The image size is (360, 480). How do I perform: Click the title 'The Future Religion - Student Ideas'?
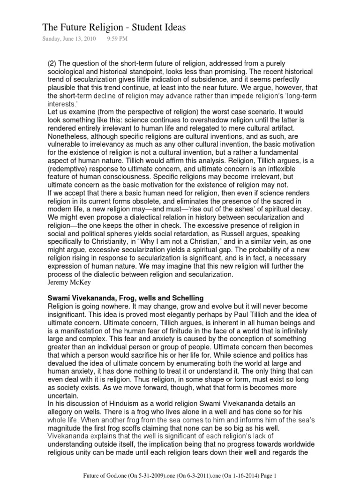click(x=114, y=28)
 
